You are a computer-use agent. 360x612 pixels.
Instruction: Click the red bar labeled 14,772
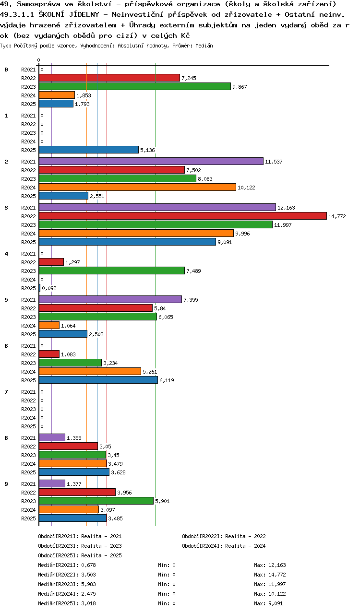tap(182, 216)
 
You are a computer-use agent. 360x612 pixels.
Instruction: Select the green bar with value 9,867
tap(134, 86)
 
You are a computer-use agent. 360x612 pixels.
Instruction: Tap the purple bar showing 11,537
tap(151, 161)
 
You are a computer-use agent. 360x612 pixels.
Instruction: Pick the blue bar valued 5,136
tap(88, 150)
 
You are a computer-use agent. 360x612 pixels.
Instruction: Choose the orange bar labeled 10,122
tap(137, 187)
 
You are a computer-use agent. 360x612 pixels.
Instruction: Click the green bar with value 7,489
tap(111, 271)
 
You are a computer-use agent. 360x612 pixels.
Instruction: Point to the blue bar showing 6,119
tap(98, 380)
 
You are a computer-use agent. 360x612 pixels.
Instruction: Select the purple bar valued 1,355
tap(52, 437)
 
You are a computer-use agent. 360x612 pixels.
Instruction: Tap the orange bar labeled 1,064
tap(49, 325)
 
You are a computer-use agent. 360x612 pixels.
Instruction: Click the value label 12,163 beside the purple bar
tap(286, 208)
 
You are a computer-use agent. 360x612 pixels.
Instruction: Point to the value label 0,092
tap(49, 288)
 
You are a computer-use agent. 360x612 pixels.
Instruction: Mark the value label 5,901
tap(162, 501)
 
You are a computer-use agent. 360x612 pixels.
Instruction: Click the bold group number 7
tap(6, 392)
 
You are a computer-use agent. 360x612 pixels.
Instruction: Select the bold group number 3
tap(6, 208)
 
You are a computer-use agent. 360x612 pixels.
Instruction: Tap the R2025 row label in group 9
tap(29, 518)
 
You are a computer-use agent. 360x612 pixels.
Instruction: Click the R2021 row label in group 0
tap(29, 70)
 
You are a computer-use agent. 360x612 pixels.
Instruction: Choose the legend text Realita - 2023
tap(101, 546)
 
